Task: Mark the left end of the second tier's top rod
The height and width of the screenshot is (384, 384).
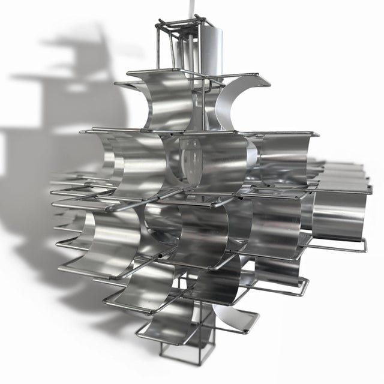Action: pos(84,130)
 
